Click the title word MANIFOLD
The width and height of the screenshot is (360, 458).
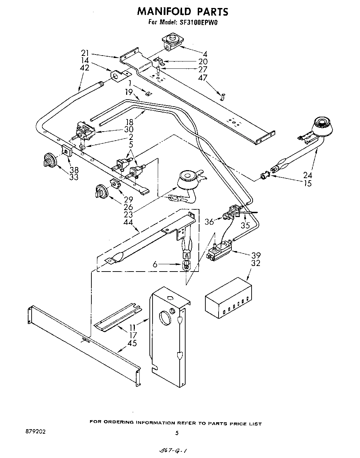tap(164, 12)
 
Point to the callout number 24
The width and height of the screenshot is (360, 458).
tap(308, 175)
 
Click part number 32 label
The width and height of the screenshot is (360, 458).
tap(256, 263)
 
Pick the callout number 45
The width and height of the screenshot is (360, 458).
tap(132, 343)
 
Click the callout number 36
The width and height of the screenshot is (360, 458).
tap(209, 221)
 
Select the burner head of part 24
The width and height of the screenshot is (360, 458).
tap(324, 126)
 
